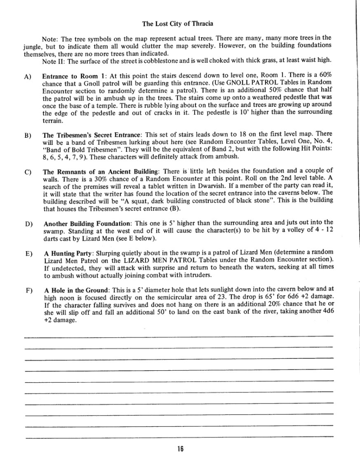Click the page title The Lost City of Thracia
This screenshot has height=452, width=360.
pyautogui.click(x=180, y=23)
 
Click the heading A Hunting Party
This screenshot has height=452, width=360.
pyautogui.click(x=66, y=254)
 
